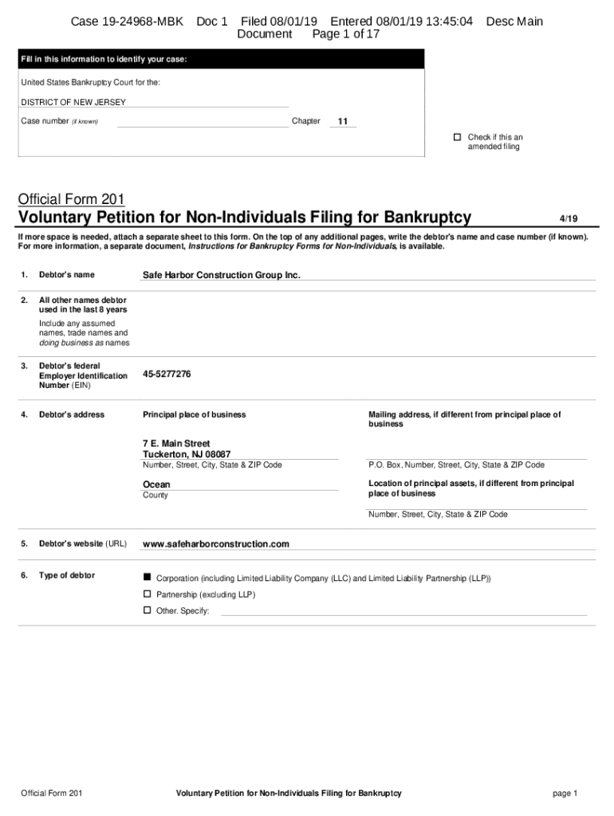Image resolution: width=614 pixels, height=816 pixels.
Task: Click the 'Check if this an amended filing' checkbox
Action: point(458,137)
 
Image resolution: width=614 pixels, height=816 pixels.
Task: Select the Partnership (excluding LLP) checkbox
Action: point(147,594)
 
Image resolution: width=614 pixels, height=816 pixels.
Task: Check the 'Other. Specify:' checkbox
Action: point(147,610)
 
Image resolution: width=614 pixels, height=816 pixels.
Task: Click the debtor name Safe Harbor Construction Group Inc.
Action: point(221,275)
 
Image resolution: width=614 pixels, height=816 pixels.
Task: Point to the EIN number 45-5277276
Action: point(167,375)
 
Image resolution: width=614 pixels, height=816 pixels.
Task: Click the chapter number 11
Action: point(342,122)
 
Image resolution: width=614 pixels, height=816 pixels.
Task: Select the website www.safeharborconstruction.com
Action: point(215,544)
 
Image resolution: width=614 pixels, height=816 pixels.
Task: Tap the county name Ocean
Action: point(156,484)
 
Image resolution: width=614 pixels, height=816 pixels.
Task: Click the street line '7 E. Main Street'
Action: point(176,443)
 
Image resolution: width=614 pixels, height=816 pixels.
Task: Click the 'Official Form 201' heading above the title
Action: point(71,199)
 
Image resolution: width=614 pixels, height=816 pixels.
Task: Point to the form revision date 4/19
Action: point(569,218)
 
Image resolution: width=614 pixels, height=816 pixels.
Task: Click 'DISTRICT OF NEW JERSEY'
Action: point(73,102)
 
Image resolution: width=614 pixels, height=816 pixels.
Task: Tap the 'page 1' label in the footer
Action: point(564,794)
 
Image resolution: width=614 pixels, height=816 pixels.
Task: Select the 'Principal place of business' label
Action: point(194,414)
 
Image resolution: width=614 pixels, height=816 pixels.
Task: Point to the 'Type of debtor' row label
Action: point(67,575)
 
